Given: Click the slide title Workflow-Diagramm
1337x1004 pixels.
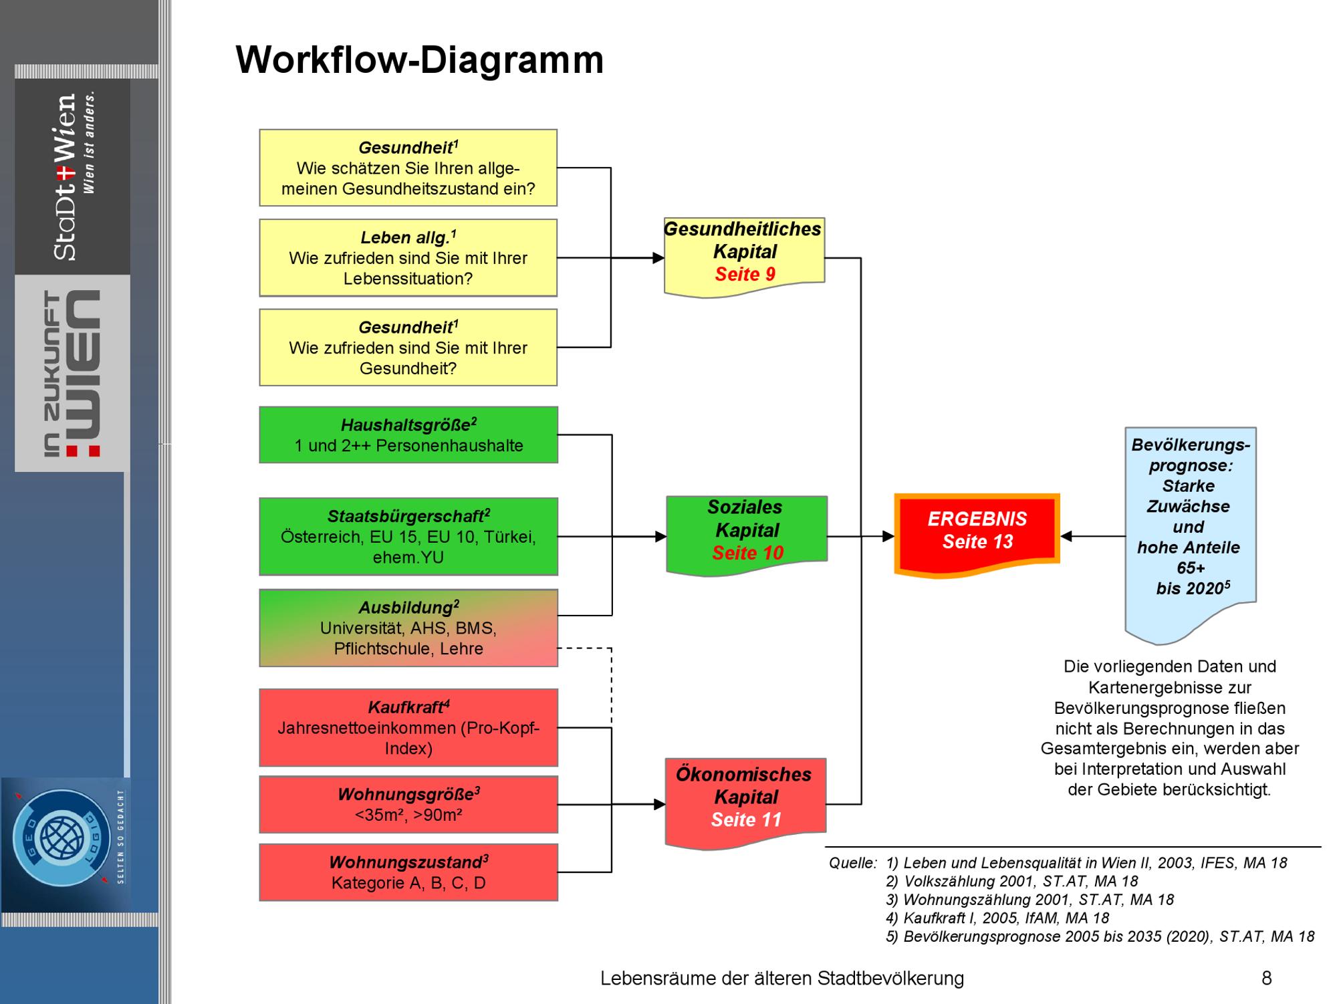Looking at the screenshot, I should [x=419, y=60].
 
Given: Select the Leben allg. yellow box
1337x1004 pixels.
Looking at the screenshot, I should [x=408, y=257].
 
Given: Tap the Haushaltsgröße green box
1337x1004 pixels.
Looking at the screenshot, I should [x=408, y=435].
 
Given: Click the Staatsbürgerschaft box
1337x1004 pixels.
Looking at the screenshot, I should [x=408, y=536].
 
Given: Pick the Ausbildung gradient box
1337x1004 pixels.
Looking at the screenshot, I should [x=408, y=628].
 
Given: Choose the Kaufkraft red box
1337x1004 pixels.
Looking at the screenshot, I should [x=408, y=727].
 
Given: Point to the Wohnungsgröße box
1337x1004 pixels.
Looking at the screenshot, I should [x=408, y=804].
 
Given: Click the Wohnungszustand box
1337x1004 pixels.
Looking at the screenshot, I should [x=408, y=872].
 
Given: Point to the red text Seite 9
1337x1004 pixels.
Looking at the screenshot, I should [x=745, y=274].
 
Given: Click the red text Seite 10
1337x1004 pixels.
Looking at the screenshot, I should [x=747, y=553].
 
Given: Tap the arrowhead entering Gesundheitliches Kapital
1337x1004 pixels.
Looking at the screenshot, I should [x=658, y=258].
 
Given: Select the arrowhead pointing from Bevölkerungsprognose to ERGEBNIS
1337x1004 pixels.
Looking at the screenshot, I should [x=1067, y=536].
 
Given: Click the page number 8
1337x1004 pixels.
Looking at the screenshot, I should [x=1266, y=978].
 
